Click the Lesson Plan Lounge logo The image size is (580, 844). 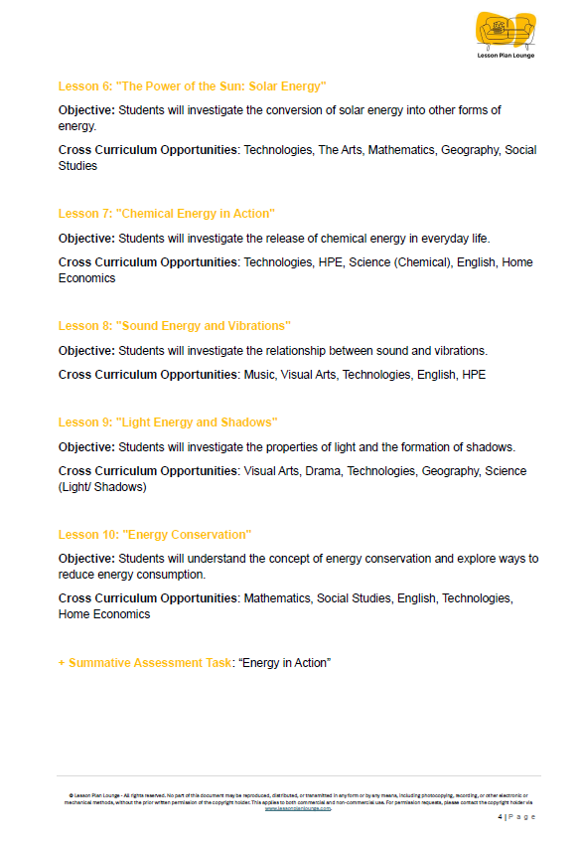(x=506, y=35)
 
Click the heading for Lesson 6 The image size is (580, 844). (x=192, y=86)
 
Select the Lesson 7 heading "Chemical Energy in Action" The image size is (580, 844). (x=166, y=214)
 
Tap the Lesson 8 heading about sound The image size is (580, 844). (x=174, y=326)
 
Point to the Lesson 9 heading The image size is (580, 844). (x=168, y=422)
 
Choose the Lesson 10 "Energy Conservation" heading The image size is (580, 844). (x=154, y=535)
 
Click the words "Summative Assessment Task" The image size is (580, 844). (x=150, y=662)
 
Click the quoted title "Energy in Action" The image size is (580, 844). (x=284, y=662)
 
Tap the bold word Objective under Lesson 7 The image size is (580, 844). (x=86, y=239)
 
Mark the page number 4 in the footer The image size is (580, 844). (x=499, y=816)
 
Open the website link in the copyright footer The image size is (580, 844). (x=297, y=808)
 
